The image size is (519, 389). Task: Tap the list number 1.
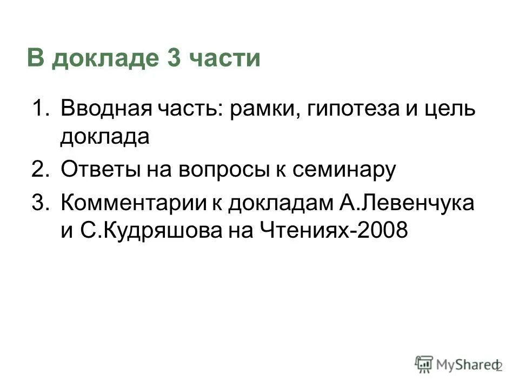point(39,108)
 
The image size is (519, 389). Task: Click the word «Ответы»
point(99,170)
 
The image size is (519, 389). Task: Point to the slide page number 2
point(498,367)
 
